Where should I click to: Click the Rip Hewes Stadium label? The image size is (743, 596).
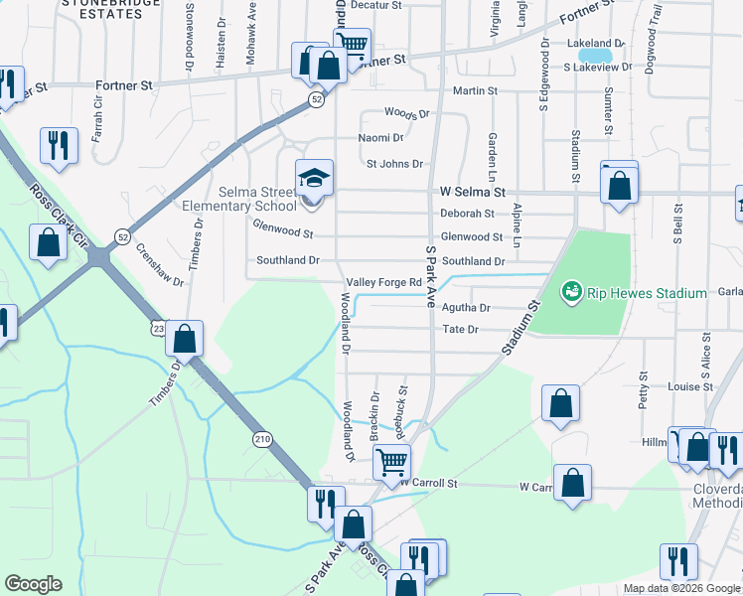click(x=647, y=293)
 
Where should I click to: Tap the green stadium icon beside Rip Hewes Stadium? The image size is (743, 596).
click(x=571, y=292)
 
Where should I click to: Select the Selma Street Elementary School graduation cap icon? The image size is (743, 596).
click(x=314, y=180)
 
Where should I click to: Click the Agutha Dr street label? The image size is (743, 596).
click(x=466, y=308)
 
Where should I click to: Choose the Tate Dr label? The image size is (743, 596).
click(x=460, y=329)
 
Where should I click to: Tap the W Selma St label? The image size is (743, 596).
click(x=473, y=191)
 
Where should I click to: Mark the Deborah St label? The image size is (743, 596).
click(x=467, y=214)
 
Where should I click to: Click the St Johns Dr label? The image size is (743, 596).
click(x=394, y=164)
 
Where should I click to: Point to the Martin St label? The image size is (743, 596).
click(x=475, y=90)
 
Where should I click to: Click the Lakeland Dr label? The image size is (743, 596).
click(x=594, y=44)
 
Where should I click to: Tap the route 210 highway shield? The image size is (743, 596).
click(x=261, y=439)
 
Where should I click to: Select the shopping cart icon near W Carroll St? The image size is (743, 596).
click(x=391, y=461)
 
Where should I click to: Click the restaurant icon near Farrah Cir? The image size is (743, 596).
click(x=59, y=145)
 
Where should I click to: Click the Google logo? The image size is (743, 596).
click(x=33, y=584)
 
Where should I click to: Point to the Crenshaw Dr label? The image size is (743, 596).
click(x=160, y=265)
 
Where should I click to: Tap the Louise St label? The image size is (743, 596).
click(x=684, y=386)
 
